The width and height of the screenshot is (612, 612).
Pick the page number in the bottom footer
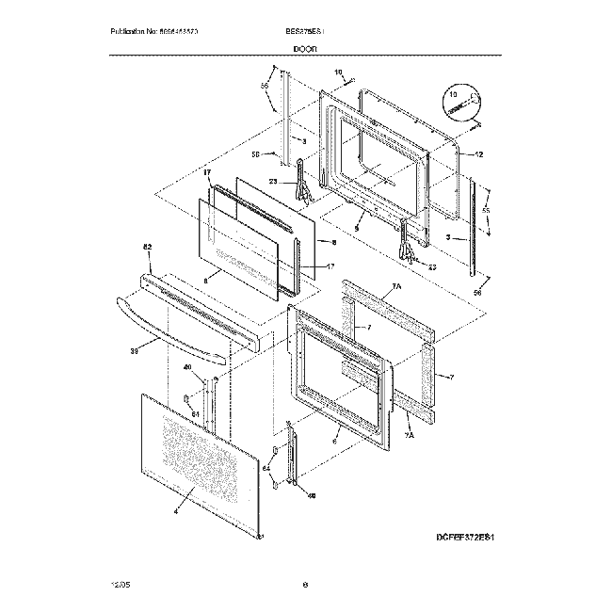[306, 586]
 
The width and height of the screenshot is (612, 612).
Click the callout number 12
[479, 154]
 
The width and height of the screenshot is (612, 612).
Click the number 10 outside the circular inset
[338, 72]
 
